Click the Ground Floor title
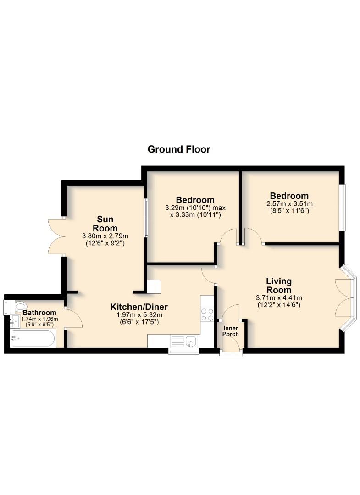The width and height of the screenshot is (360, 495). tap(179, 149)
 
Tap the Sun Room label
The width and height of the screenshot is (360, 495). tap(105, 223)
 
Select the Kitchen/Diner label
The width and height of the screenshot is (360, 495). tap(138, 307)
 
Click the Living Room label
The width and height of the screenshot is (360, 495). tap(279, 286)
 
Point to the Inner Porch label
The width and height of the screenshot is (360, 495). tap(231, 331)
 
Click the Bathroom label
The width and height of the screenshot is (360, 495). tap(39, 313)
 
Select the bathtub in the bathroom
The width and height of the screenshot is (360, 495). tap(33, 339)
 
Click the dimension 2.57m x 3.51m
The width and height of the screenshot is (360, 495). tap(289, 204)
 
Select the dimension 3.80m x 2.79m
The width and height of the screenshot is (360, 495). tap(105, 236)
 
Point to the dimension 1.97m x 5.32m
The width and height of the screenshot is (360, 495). tap(138, 315)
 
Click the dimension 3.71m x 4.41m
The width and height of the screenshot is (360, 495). tap(279, 297)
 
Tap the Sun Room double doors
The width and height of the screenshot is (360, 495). tap(56, 236)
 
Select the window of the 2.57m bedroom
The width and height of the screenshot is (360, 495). tap(342, 208)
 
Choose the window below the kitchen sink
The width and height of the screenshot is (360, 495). tap(183, 352)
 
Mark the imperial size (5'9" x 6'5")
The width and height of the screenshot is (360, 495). tap(39, 324)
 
